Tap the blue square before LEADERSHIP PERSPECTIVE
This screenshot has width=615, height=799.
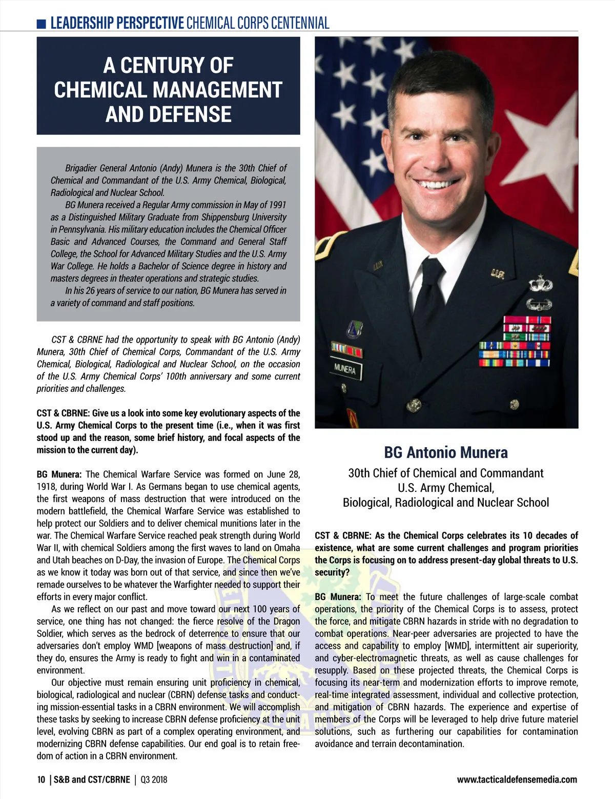(x=42, y=24)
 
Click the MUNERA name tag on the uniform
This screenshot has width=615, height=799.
(x=345, y=369)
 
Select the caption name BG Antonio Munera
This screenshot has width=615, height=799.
(x=446, y=452)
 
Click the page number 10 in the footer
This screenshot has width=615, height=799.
(x=41, y=780)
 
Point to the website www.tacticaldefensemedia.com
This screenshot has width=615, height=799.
(x=517, y=780)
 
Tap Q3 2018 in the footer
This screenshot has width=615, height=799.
(x=154, y=780)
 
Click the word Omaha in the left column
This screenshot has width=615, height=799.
(x=287, y=548)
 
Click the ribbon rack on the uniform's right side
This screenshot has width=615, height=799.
(x=514, y=342)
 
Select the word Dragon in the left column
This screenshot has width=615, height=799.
(x=286, y=621)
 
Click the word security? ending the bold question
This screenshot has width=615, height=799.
(x=332, y=572)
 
